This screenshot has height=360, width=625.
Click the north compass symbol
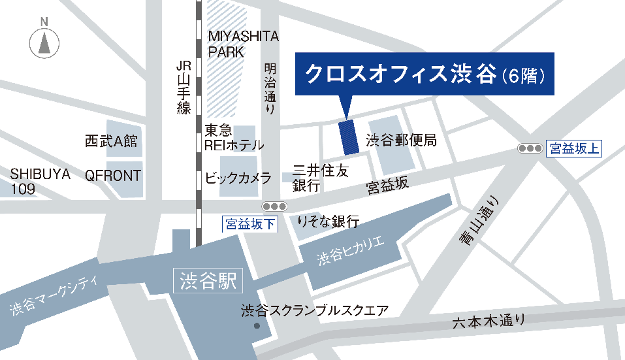click(44, 42)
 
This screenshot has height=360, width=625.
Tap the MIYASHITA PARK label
click(243, 44)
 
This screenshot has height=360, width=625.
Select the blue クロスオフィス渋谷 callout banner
click(425, 74)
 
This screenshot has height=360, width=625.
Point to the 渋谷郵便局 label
click(401, 140)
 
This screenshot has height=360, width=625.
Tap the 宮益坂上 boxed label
click(573, 148)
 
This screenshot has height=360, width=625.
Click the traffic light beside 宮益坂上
click(530, 148)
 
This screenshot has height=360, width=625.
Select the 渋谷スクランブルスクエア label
click(314, 310)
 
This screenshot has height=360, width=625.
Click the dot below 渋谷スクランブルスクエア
click(257, 325)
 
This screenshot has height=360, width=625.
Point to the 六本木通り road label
click(489, 321)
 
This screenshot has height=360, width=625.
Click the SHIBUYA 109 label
click(40, 182)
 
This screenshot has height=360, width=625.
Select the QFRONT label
click(113, 175)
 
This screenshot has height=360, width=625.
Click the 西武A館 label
click(111, 141)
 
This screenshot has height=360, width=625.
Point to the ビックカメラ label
click(238, 178)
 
